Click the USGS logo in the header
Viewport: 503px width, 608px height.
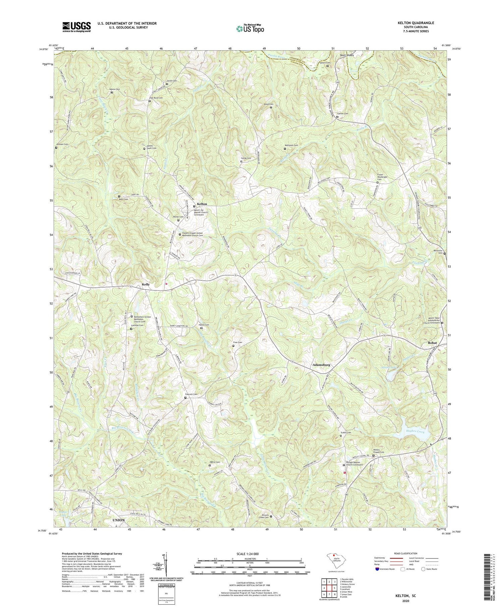[76, 27]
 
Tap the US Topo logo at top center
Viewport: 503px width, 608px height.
[250, 29]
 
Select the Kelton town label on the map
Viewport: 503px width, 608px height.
[202, 204]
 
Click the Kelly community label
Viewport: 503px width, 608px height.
[146, 284]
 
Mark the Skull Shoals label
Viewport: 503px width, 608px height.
[346, 55]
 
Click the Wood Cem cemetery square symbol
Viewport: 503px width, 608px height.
[271, 108]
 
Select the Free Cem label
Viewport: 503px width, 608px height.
[237, 342]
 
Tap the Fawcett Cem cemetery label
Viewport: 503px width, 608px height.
[191, 394]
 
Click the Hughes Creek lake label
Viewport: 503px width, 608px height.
[415, 432]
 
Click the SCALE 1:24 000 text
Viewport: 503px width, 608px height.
[249, 554]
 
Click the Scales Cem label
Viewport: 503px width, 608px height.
[346, 433]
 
